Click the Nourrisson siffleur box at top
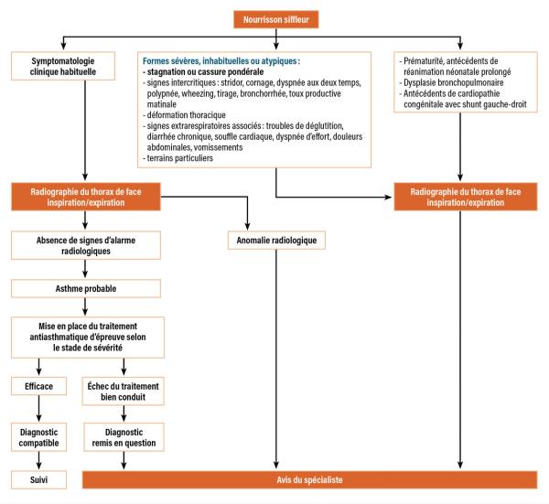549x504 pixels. [x=276, y=19]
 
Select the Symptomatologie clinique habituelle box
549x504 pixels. [x=63, y=66]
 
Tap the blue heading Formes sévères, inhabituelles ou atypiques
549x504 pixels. [x=221, y=61]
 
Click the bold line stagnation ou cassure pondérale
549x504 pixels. [x=203, y=71]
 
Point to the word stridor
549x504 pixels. [x=231, y=82]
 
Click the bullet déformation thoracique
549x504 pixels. [x=184, y=115]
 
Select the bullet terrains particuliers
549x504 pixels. [x=178, y=158]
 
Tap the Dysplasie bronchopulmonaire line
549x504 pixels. [x=451, y=82]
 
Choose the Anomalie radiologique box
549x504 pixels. [x=276, y=240]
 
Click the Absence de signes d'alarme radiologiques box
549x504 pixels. [x=86, y=245]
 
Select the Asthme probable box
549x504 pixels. [x=86, y=288]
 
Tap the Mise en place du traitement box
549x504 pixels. [x=88, y=337]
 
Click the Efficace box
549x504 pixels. [x=38, y=386]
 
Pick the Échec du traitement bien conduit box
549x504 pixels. [x=123, y=391]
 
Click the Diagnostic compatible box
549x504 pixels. [x=38, y=437]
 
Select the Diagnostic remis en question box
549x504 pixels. [x=124, y=437]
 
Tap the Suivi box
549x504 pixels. [x=38, y=479]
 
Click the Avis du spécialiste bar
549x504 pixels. [x=309, y=480]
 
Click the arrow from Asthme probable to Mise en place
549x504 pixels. [x=85, y=307]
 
